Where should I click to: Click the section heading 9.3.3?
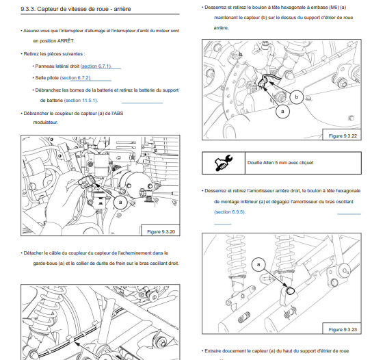(x=76, y=9)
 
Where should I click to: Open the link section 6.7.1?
(x=96, y=66)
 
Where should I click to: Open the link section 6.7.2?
(x=75, y=78)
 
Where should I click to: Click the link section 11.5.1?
(x=81, y=101)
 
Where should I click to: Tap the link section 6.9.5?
(x=230, y=211)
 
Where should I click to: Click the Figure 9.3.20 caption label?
(x=161, y=232)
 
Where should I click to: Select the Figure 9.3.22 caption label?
(x=343, y=136)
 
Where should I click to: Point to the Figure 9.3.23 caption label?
(x=343, y=330)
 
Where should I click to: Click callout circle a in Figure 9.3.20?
(x=120, y=203)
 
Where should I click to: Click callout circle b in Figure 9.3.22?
(x=297, y=97)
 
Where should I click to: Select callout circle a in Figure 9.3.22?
(x=282, y=111)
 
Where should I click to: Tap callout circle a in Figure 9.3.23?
(x=258, y=265)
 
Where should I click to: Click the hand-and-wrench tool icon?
(x=224, y=163)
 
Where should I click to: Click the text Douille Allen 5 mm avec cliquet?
(x=280, y=163)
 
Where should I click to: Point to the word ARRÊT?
(x=66, y=41)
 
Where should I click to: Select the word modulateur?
(x=46, y=123)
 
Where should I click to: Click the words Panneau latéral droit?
(x=57, y=66)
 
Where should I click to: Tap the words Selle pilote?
(x=47, y=78)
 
